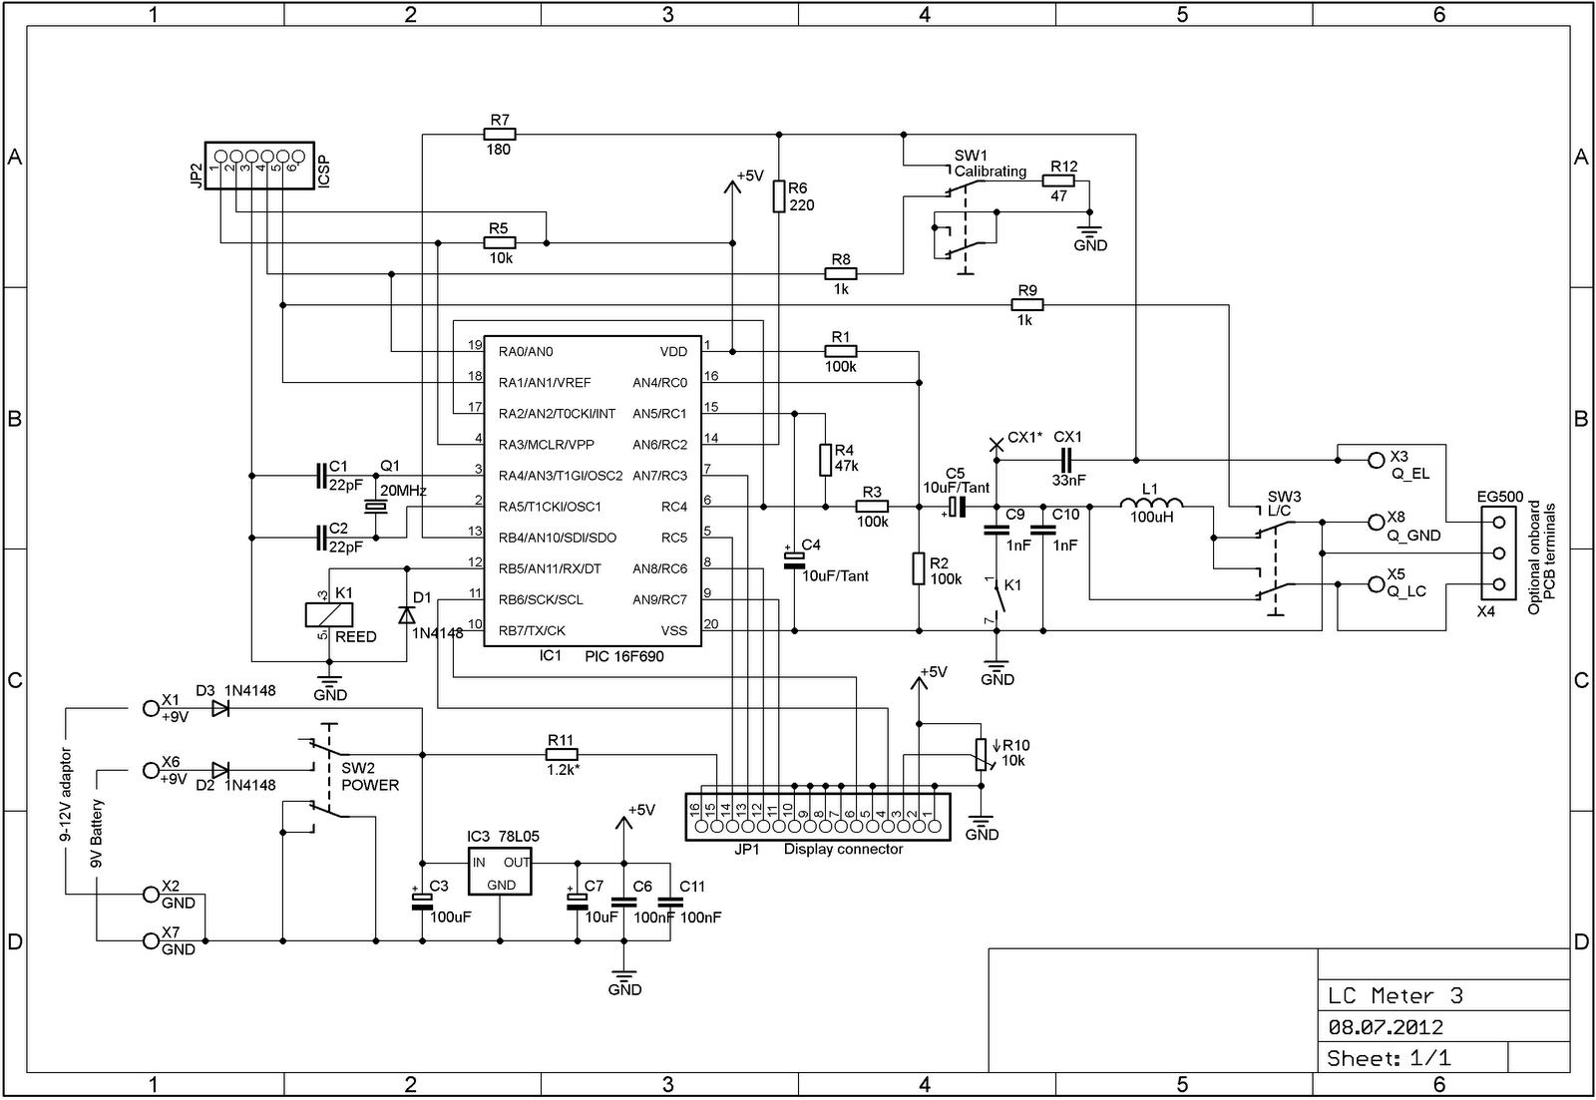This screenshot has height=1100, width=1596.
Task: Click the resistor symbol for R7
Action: [500, 134]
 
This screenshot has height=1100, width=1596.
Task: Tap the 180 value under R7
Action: [498, 150]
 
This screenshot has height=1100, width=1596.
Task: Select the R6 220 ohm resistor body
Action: [779, 195]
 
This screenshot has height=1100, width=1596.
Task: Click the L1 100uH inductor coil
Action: [1151, 503]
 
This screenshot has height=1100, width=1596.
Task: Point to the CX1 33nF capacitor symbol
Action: [1066, 460]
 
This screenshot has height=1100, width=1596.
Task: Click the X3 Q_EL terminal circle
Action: [1376, 460]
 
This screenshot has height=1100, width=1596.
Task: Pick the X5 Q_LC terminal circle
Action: [1376, 585]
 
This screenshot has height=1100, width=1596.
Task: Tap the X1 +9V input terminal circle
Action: [151, 708]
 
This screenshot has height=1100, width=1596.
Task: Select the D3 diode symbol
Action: [220, 708]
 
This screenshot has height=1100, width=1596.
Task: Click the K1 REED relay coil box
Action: [328, 615]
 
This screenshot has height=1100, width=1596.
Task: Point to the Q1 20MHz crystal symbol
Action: [375, 507]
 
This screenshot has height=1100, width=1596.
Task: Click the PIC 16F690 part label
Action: [624, 656]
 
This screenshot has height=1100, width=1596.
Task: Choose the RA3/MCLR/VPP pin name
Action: [546, 445]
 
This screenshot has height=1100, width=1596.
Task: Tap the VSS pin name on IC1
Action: [673, 630]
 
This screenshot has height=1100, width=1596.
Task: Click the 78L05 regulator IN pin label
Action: [479, 862]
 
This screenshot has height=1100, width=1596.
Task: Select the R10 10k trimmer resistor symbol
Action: [982, 755]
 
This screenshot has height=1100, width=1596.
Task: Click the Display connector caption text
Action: [843, 850]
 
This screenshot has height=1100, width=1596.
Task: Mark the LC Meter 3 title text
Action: [1396, 995]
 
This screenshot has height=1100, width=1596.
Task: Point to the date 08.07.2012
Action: [1386, 1026]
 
